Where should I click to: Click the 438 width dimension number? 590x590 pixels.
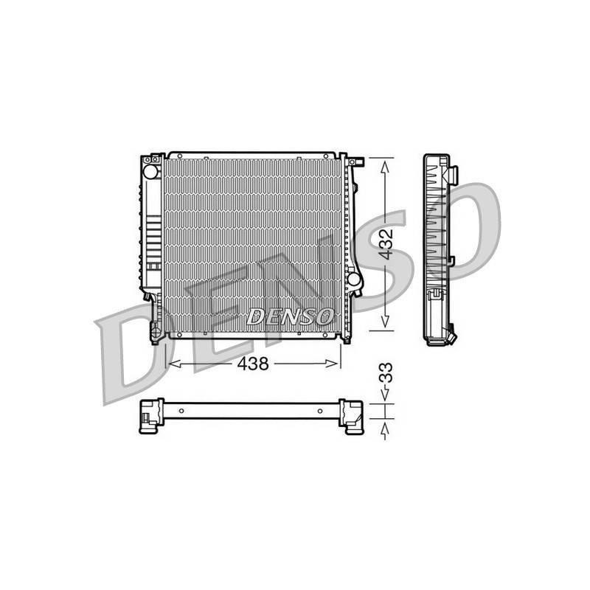pyautogui.click(x=253, y=364)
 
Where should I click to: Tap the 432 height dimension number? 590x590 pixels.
pyautogui.click(x=385, y=245)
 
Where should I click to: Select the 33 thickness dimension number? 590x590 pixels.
pyautogui.click(x=385, y=373)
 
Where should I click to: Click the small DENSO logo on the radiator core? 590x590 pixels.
pyautogui.click(x=290, y=316)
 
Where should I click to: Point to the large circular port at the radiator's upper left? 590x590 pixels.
pyautogui.click(x=150, y=172)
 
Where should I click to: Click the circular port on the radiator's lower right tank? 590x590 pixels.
pyautogui.click(x=354, y=279)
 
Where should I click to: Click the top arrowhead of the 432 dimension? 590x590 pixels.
pyautogui.click(x=385, y=167)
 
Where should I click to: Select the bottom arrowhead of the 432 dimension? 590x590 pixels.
pyautogui.click(x=385, y=321)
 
